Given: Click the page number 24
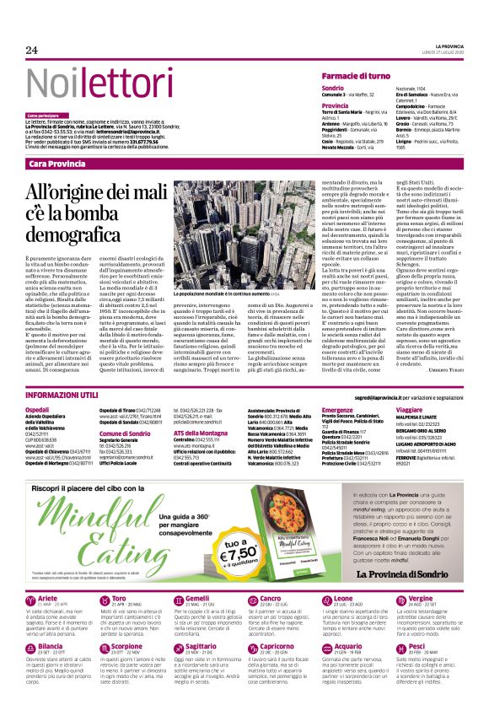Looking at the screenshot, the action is tap(32, 50).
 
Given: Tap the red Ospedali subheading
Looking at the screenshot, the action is tap(39, 409).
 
